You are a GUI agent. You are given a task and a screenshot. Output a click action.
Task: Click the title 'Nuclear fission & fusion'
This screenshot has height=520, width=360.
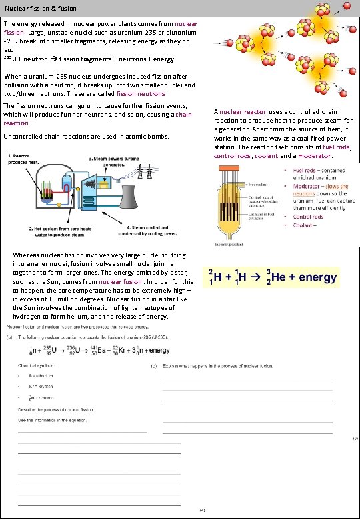tap(41, 9)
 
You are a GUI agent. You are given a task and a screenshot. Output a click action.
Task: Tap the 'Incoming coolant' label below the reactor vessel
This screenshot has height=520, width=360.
tap(229, 244)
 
